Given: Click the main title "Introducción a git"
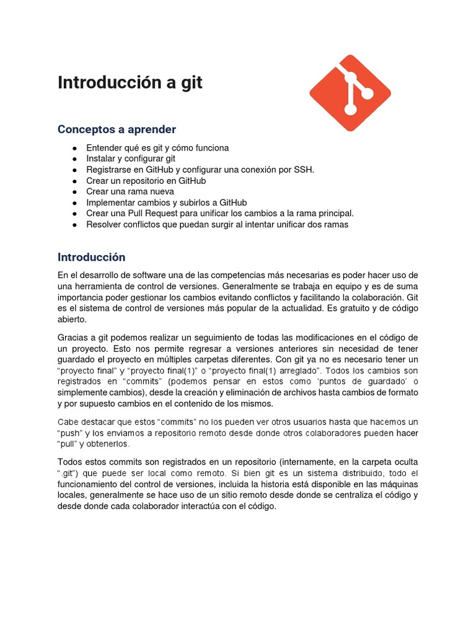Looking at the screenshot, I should pos(130,83).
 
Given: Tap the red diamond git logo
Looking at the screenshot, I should pos(350,91).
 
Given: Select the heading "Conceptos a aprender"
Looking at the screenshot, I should pos(117,129).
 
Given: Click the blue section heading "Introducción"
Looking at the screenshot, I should pos(92,257).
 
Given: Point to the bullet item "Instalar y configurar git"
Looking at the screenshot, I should pos(131,158).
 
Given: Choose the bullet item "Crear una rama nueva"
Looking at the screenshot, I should pos(130,191).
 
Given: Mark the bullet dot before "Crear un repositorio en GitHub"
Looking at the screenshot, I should pos(74,181).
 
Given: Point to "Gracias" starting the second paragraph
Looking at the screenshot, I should pos(74,337).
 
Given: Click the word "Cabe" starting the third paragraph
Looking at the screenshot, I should pos(68,422).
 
